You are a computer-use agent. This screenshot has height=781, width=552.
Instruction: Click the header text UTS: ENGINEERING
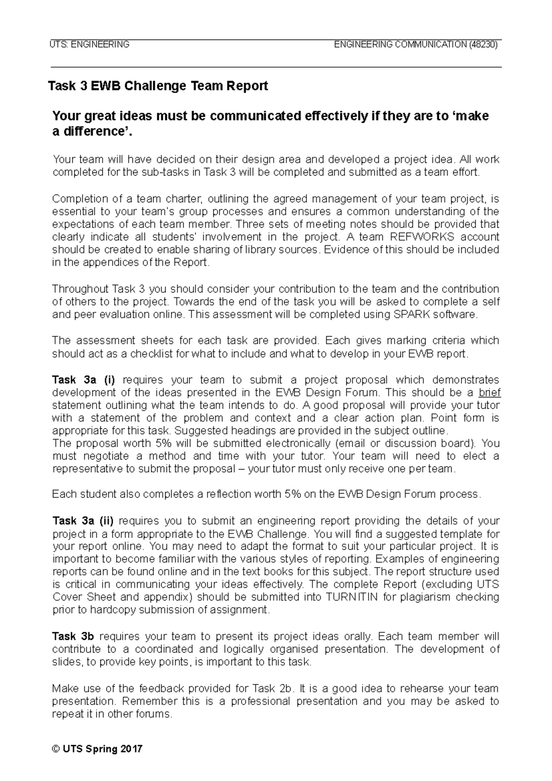pyautogui.click(x=89, y=45)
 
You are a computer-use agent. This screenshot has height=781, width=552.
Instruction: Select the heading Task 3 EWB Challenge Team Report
pyautogui.click(x=158, y=86)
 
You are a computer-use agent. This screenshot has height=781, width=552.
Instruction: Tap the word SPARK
pyautogui.click(x=410, y=315)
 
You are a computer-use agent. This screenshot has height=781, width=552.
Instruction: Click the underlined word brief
pyautogui.click(x=489, y=393)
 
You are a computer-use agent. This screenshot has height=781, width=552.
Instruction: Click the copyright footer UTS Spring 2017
pyautogui.click(x=97, y=749)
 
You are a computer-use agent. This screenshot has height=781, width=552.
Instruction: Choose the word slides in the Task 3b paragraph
pyautogui.click(x=64, y=662)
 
